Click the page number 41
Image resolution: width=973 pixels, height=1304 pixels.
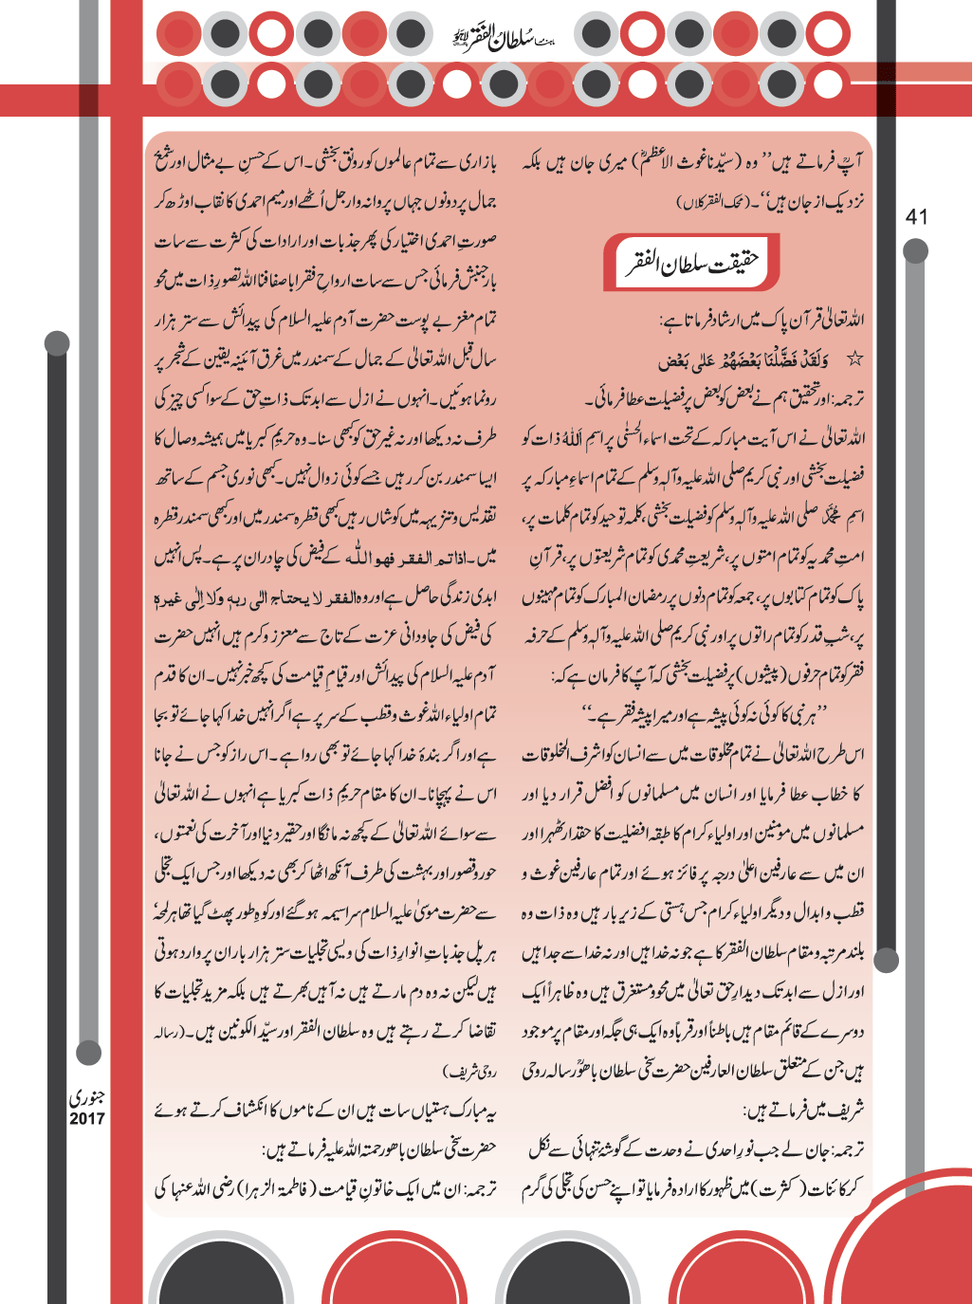click(916, 216)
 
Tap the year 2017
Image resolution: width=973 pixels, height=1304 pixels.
click(86, 1118)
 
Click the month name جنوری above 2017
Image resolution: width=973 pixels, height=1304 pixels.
click(86, 1097)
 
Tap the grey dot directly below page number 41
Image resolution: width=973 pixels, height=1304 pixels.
click(915, 251)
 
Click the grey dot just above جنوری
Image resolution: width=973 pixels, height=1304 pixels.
click(89, 1051)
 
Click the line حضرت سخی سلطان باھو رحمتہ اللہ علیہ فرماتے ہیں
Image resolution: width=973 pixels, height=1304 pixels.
click(379, 1148)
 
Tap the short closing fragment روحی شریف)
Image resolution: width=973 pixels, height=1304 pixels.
click(470, 1071)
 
